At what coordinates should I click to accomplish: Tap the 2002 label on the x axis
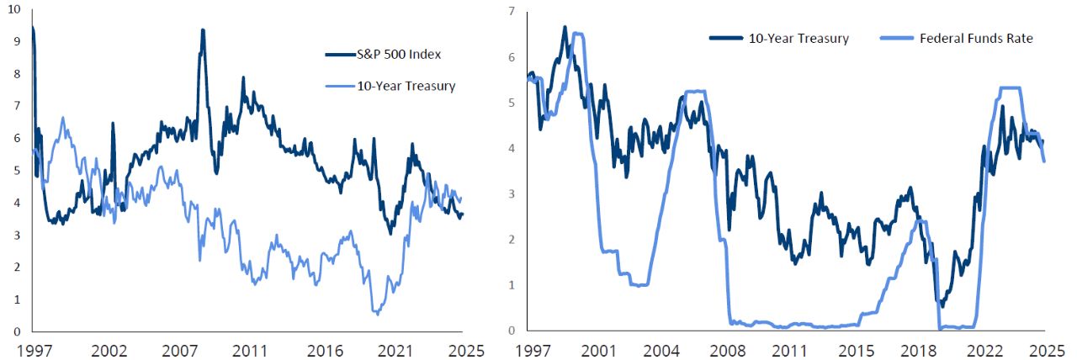[109, 348]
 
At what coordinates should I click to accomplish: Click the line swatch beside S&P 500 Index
[341, 55]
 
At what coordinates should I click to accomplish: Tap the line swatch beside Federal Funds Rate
[898, 38]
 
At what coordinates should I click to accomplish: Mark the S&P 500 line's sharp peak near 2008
[203, 30]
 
